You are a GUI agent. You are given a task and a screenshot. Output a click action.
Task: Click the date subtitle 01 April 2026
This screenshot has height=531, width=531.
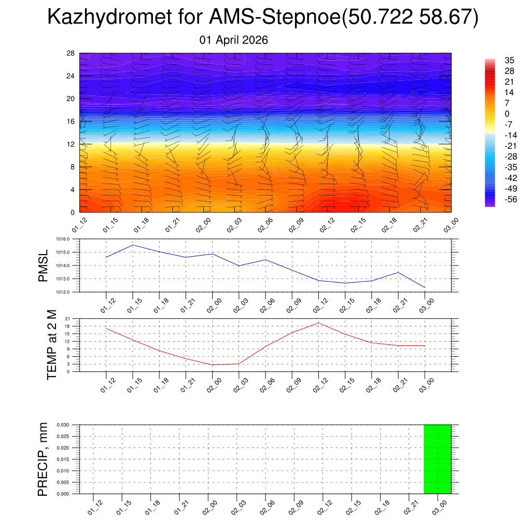click(234, 40)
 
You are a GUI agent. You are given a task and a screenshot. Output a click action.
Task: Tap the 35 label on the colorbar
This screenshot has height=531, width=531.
click(509, 60)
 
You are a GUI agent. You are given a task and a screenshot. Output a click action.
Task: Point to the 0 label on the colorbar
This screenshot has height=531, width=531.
click(507, 114)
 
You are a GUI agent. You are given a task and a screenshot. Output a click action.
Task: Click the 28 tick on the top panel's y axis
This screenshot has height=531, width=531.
click(71, 53)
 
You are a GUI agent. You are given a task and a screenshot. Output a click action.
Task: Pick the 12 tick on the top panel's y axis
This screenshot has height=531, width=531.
click(71, 144)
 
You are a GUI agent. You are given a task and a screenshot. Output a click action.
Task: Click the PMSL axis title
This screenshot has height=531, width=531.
click(44, 266)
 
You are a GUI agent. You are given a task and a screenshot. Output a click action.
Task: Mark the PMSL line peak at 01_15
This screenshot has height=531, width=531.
click(133, 245)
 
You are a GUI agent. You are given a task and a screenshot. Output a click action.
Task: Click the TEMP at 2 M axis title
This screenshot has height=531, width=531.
click(51, 345)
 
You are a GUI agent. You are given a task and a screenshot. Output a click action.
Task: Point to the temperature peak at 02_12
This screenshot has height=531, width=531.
click(318, 323)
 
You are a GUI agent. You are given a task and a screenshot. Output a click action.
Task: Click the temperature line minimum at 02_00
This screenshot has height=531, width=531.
click(212, 365)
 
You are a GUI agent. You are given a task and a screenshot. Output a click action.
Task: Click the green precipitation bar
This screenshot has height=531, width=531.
click(437, 459)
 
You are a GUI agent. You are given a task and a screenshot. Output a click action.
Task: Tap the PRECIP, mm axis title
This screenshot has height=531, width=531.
click(44, 459)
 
